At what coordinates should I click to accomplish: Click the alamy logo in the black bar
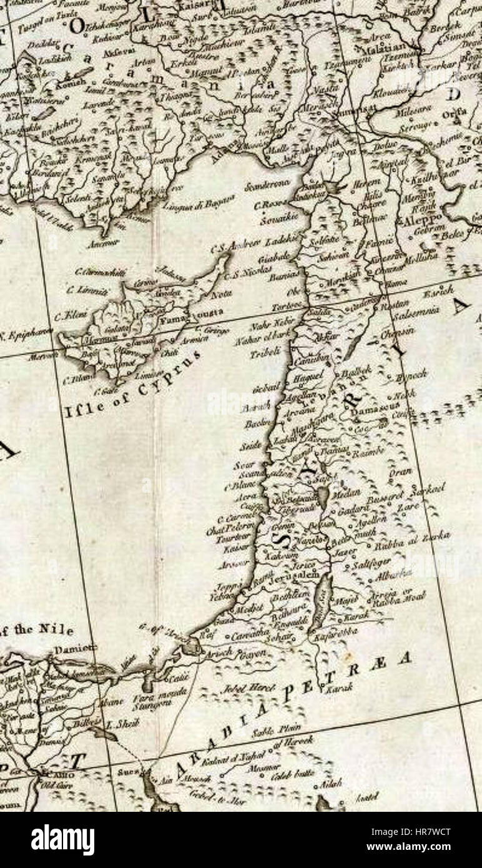[62, 840]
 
